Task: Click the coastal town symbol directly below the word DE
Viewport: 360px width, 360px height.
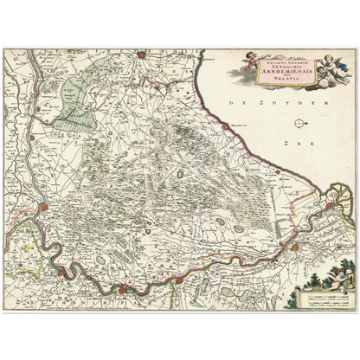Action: coord(227,126)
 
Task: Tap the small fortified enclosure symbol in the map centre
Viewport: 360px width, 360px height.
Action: coord(179,175)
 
